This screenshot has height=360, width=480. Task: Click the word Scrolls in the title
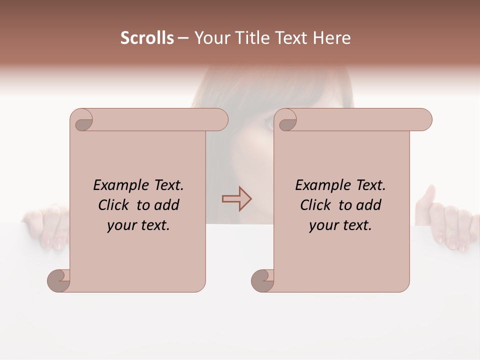click(147, 38)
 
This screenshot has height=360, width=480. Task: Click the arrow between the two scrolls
click(237, 199)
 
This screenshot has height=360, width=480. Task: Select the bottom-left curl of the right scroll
click(263, 280)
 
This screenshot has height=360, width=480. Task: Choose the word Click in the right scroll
click(315, 205)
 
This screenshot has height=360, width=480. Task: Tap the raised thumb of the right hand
click(429, 195)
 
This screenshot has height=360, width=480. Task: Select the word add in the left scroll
click(167, 205)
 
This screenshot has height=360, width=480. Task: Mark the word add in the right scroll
click(369, 205)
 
